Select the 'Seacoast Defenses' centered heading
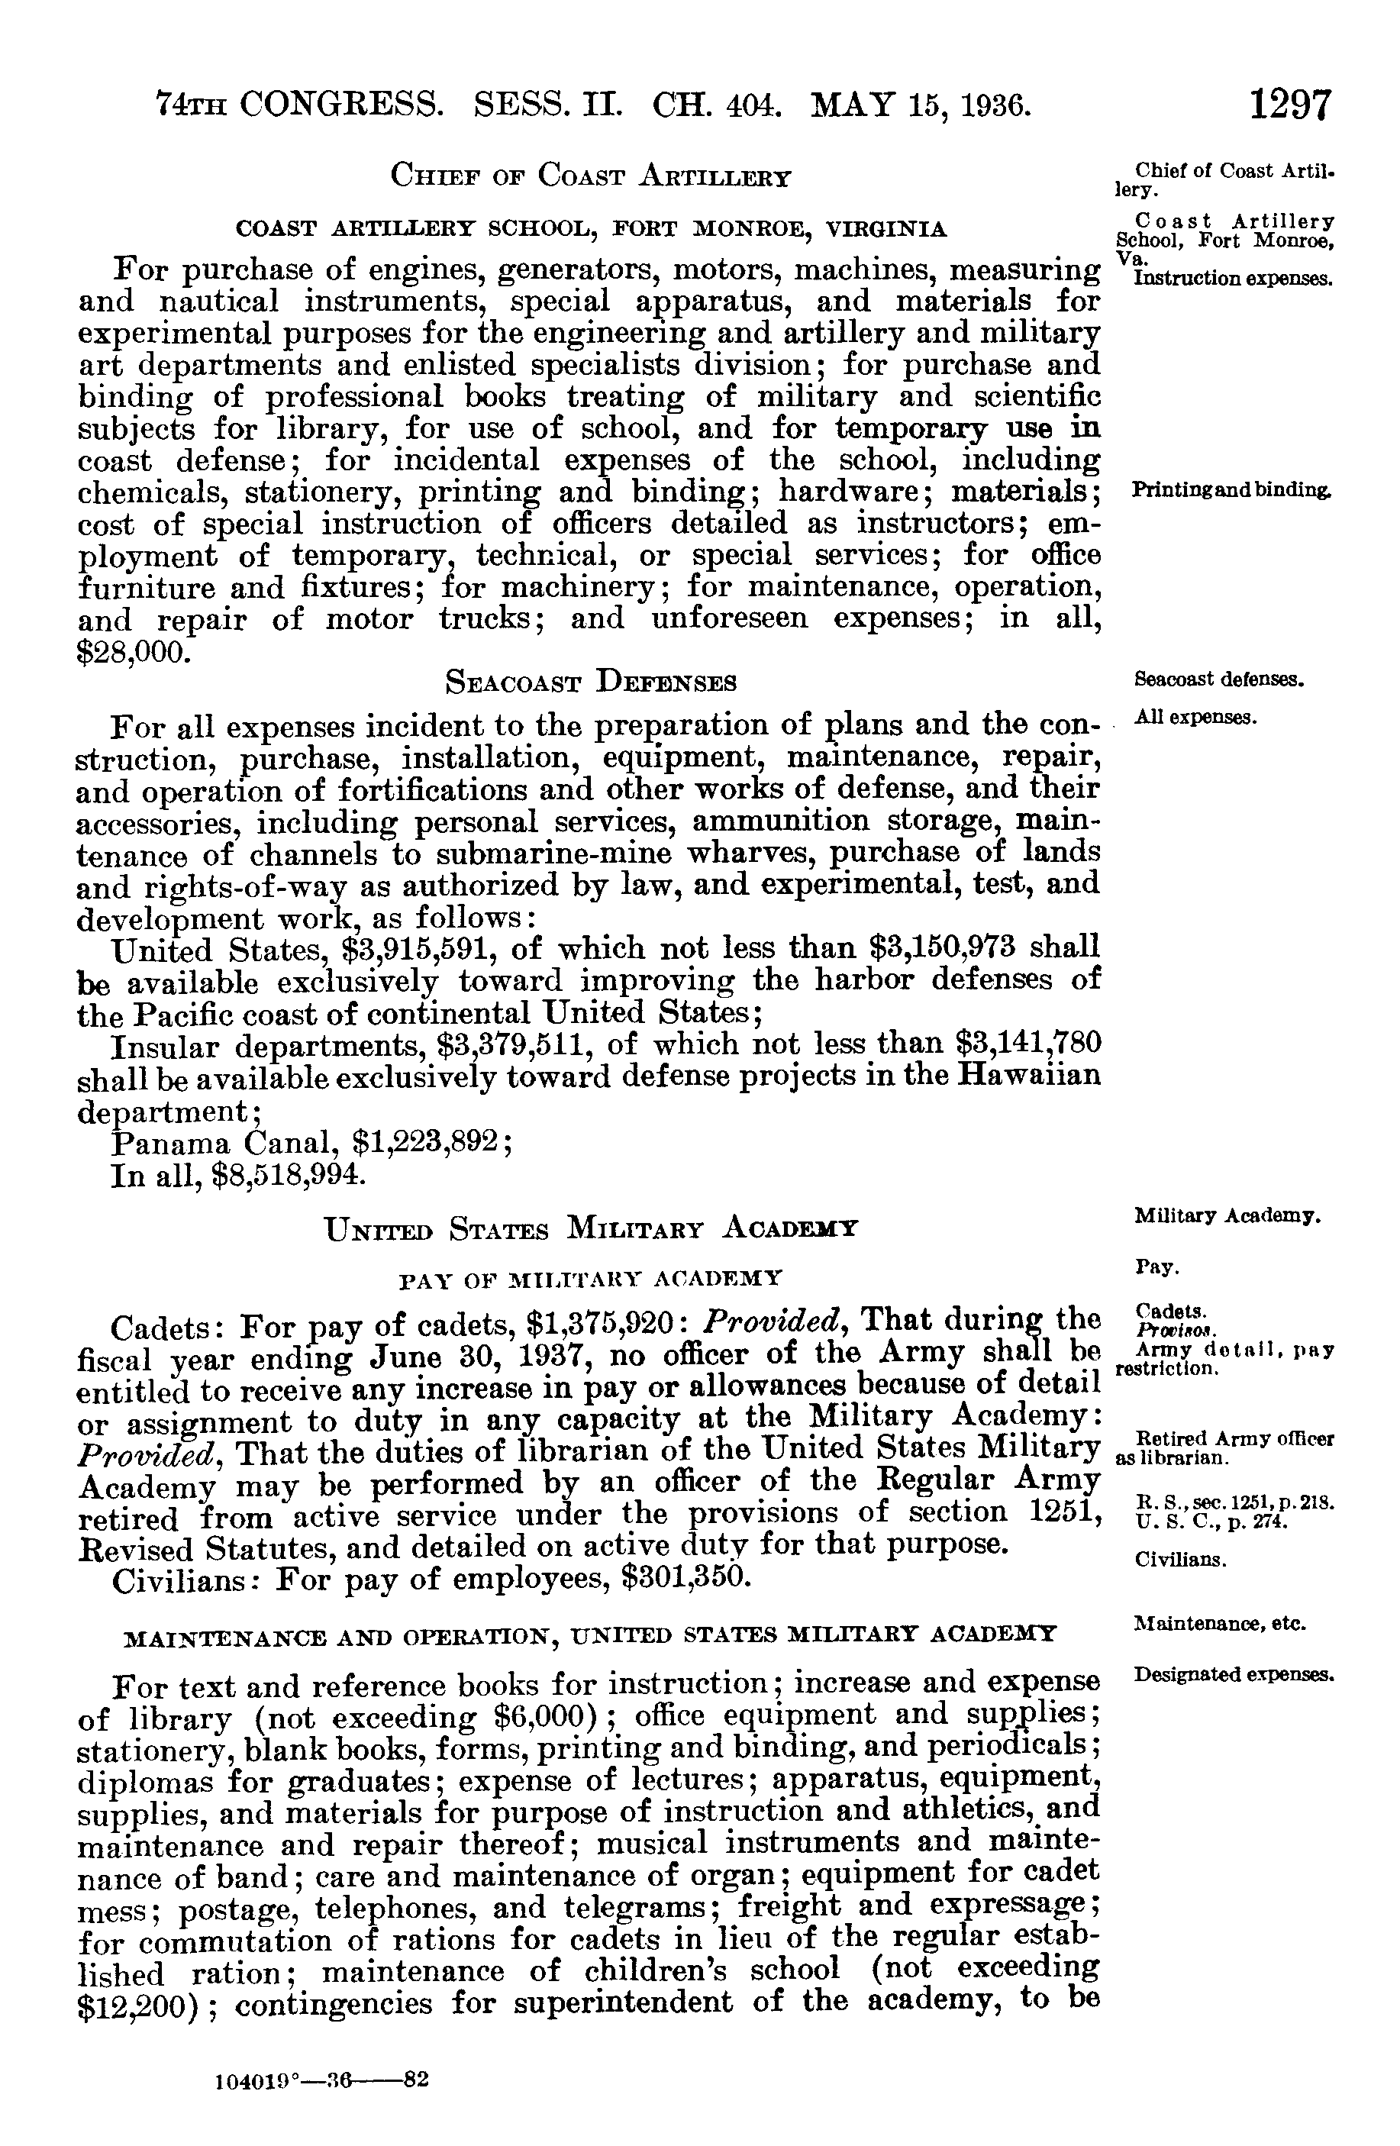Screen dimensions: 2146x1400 (592, 683)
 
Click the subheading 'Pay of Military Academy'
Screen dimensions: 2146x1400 (591, 1278)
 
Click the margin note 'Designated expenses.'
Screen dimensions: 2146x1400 (1232, 1675)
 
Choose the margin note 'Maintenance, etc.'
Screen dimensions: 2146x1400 (1221, 1624)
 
